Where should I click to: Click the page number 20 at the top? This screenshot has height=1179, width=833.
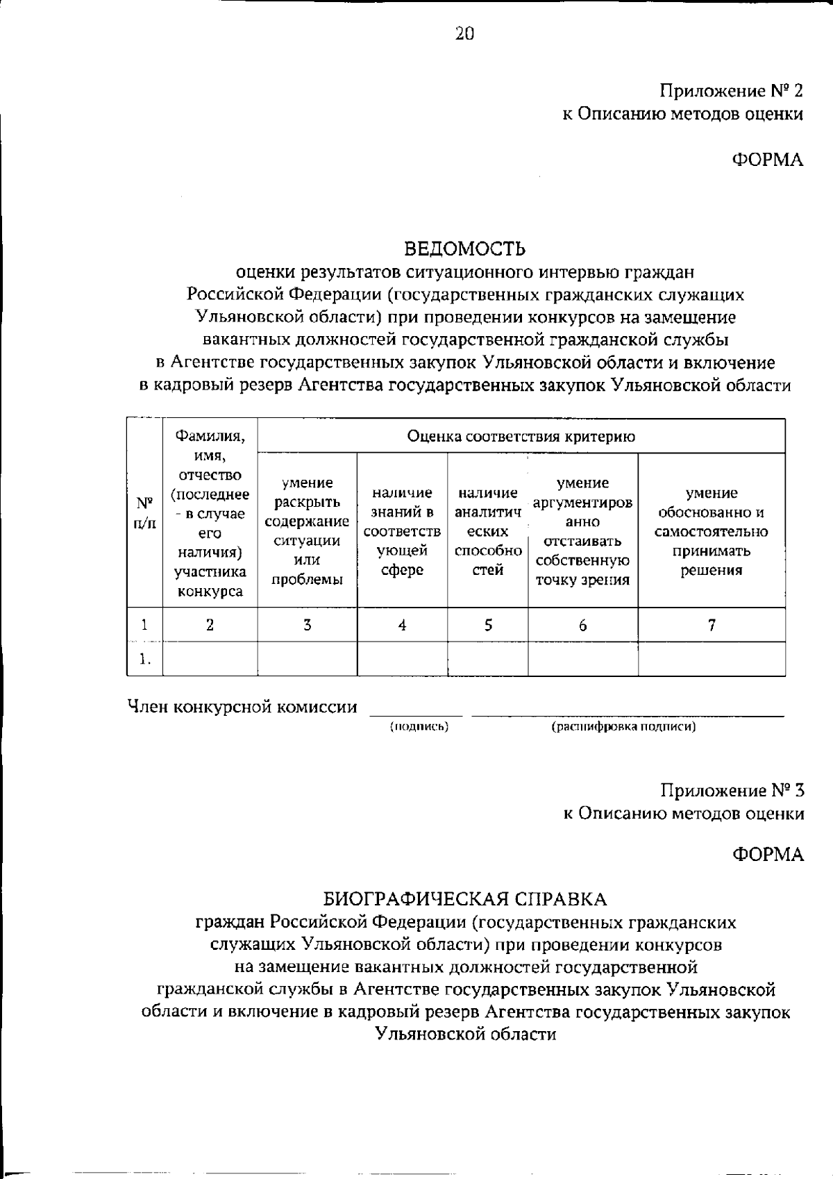click(464, 33)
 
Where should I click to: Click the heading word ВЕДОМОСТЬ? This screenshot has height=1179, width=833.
click(465, 248)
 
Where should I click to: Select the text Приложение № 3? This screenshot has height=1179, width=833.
click(732, 790)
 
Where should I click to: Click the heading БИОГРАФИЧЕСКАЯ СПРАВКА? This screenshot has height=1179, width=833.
click(465, 899)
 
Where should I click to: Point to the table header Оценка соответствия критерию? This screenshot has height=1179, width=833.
click(521, 437)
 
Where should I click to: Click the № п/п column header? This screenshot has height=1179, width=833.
click(144, 512)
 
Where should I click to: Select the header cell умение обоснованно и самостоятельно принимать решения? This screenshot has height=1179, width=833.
click(711, 531)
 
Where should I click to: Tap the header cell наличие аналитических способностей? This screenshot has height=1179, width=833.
click(487, 531)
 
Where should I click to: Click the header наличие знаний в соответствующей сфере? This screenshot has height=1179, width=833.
click(402, 531)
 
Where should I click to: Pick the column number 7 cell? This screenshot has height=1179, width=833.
click(712, 625)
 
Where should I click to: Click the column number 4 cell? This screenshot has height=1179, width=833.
click(402, 625)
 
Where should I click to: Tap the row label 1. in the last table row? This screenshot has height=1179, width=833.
click(144, 659)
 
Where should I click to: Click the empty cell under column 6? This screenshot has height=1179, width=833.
click(582, 659)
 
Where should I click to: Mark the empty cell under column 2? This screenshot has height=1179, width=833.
click(210, 659)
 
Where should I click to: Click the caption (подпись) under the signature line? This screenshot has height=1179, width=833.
click(419, 727)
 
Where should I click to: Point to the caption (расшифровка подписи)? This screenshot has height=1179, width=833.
click(623, 727)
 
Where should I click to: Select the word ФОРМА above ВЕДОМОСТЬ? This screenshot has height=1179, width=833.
click(768, 160)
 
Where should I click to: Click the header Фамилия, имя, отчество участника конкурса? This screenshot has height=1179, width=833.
click(210, 512)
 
